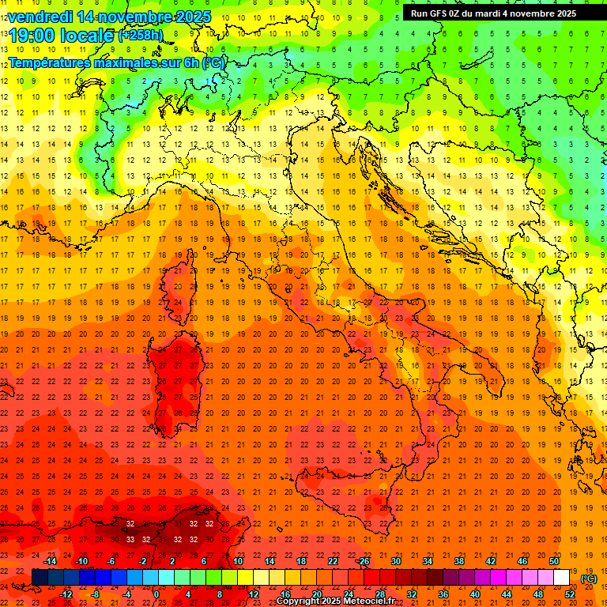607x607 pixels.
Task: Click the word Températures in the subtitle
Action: click(51, 62)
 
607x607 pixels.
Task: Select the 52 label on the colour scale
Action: click(570, 594)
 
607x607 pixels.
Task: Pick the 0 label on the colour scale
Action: click(156, 594)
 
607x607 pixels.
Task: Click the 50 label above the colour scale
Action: click(554, 560)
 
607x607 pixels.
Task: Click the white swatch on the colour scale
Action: click(562, 578)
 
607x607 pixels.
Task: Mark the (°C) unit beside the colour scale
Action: click(590, 579)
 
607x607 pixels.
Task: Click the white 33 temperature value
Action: click(130, 539)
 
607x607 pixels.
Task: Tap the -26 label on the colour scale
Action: click(363, 560)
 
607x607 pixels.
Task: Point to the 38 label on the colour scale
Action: click(458, 560)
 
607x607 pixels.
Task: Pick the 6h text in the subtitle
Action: click(188, 62)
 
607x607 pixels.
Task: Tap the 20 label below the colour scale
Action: click(316, 594)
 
